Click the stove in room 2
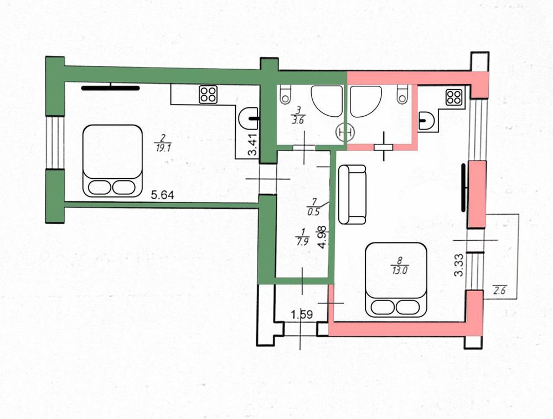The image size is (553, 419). (208, 95)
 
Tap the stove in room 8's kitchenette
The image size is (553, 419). (454, 98)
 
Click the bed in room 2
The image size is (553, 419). (112, 161)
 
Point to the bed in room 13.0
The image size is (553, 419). (396, 280)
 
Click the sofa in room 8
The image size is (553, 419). (352, 194)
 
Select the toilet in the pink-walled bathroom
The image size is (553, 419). (402, 94)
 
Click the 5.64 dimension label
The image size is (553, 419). (162, 195)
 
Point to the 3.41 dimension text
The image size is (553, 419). (253, 144)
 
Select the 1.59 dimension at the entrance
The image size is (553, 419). (302, 314)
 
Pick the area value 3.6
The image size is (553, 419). (297, 120)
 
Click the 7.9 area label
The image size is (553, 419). (303, 241)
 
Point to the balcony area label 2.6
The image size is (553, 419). (500, 291)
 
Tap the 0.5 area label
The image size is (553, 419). (313, 212)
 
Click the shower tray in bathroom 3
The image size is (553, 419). (327, 101)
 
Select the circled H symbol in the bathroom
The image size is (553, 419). (345, 132)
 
